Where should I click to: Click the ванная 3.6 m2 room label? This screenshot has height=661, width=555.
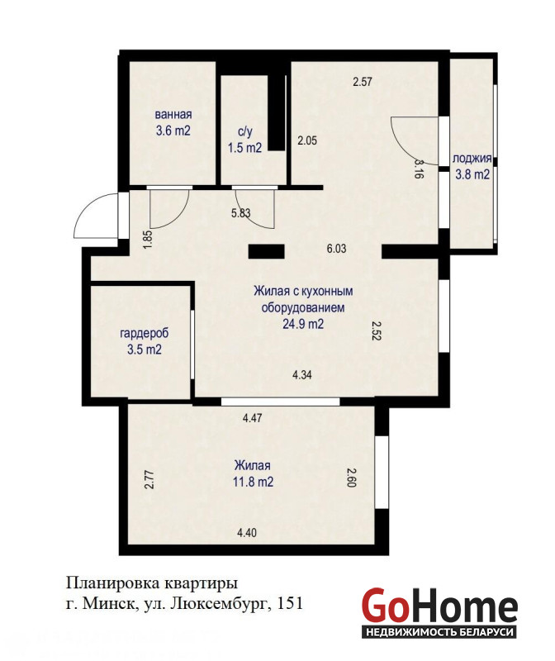[x=173, y=122]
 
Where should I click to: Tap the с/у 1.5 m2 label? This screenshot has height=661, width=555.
[x=244, y=140]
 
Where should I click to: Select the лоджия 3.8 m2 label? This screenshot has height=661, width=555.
[x=472, y=166]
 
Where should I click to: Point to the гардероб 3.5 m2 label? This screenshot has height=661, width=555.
[x=145, y=341]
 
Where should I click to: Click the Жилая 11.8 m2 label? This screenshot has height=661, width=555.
[x=253, y=473]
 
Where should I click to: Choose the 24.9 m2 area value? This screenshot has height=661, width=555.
[x=303, y=324]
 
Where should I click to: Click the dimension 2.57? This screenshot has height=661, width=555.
[x=363, y=81]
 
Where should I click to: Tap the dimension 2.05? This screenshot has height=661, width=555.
[x=307, y=140]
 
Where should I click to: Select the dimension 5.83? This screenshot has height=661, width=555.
[x=240, y=213]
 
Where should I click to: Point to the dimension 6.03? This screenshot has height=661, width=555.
[x=336, y=249]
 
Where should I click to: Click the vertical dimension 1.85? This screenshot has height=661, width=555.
[x=148, y=240]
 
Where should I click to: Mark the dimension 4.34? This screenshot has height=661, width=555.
[x=302, y=374]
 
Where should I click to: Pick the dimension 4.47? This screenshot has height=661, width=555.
[x=253, y=418]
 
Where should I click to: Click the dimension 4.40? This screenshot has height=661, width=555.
[x=247, y=533]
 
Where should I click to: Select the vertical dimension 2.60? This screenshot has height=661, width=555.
[x=352, y=478]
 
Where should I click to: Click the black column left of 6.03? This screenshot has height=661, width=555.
[x=266, y=251]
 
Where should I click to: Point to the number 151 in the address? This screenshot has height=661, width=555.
[x=290, y=604]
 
